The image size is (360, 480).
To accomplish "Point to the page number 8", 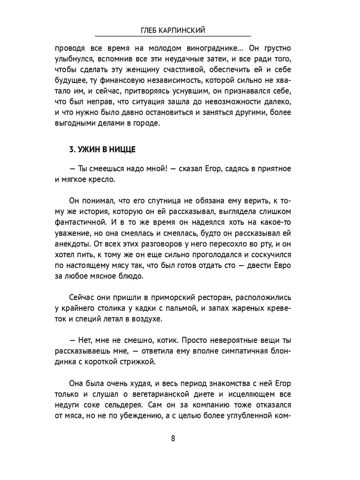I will tap(173, 438).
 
